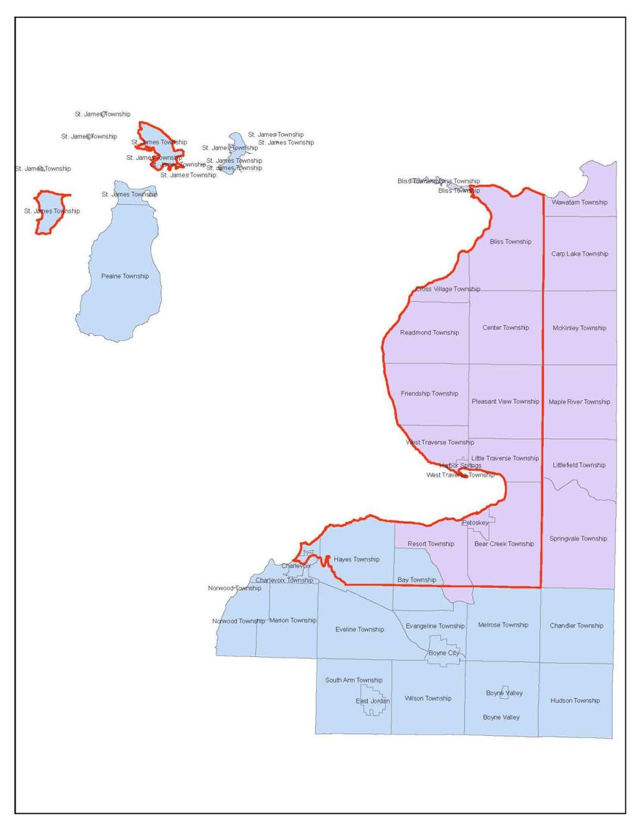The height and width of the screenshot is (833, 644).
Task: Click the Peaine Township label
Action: pos(125,276)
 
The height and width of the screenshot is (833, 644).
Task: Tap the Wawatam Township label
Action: pos(579,202)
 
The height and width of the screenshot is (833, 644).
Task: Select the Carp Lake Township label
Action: pos(579,254)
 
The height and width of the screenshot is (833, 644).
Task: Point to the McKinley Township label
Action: pos(579,328)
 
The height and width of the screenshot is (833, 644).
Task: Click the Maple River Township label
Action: pos(579,402)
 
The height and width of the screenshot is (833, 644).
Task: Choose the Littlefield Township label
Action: pos(579,465)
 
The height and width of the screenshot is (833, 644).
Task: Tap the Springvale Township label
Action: pos(578,539)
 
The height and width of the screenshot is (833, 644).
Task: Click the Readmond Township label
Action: pos(429,333)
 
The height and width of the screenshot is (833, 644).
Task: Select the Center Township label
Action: pos(505,328)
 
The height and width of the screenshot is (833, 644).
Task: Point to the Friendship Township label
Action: pos(429,394)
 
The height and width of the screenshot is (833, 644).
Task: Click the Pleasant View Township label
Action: pos(505,402)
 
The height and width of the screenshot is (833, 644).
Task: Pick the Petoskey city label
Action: pos(475,523)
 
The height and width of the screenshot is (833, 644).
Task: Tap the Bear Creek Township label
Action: pos(504,544)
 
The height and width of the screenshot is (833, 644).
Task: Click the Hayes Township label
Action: pos(357,559)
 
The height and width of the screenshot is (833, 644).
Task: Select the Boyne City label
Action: pos(444,653)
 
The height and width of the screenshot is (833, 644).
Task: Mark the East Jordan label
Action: pos(373,701)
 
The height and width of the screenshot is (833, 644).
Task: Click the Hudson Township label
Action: pos(575,700)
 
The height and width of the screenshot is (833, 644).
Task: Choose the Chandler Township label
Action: pos(576,626)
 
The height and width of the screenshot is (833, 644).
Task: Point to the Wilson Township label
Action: pos(428,699)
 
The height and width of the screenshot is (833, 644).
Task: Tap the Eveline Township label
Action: pos(360,630)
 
